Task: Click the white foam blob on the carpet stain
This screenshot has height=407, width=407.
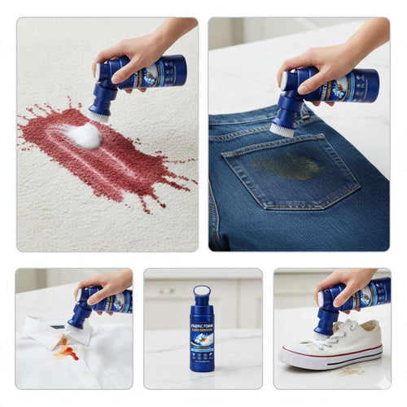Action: click(x=85, y=136)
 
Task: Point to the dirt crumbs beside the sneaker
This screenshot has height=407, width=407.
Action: click(x=351, y=371)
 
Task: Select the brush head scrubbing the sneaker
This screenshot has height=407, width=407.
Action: click(x=324, y=332)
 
